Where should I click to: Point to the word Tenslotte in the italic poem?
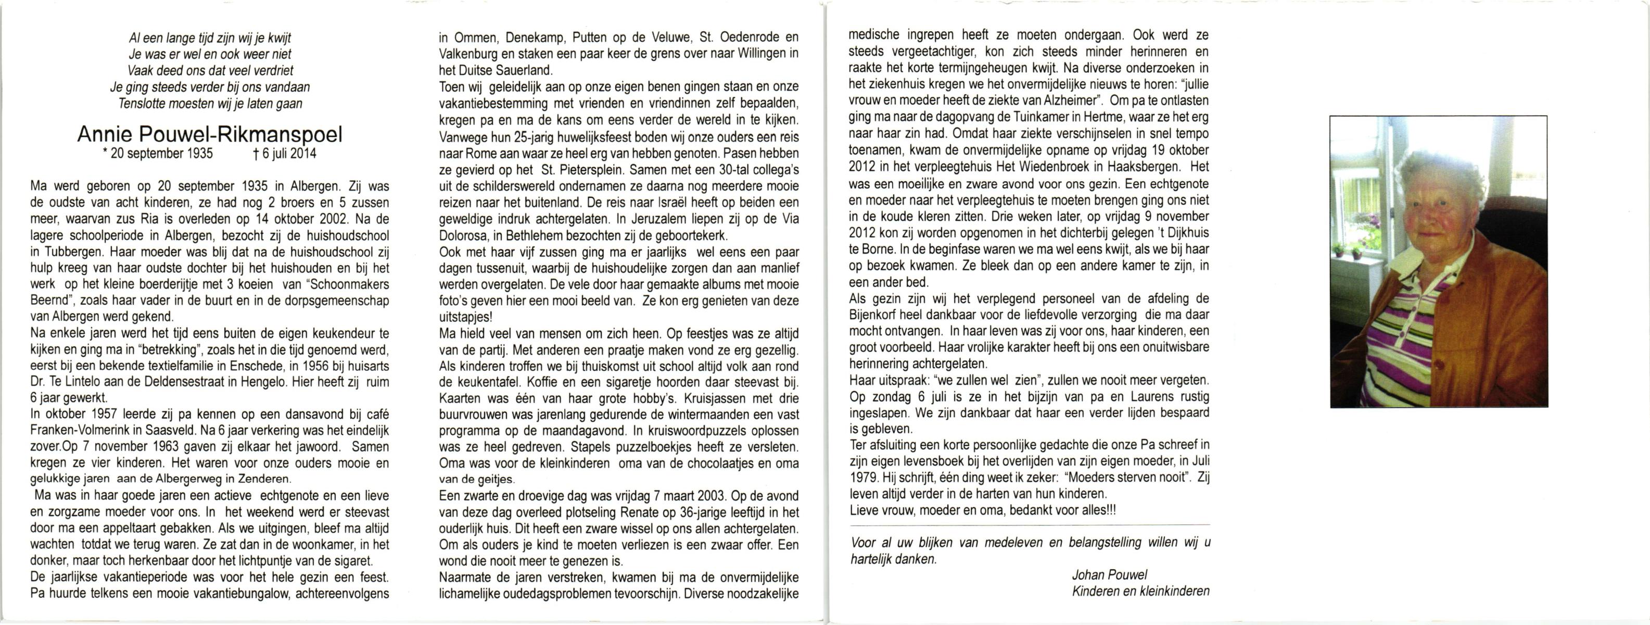[142, 104]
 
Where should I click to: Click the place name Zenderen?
[267, 480]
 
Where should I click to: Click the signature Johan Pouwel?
[1109, 575]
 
